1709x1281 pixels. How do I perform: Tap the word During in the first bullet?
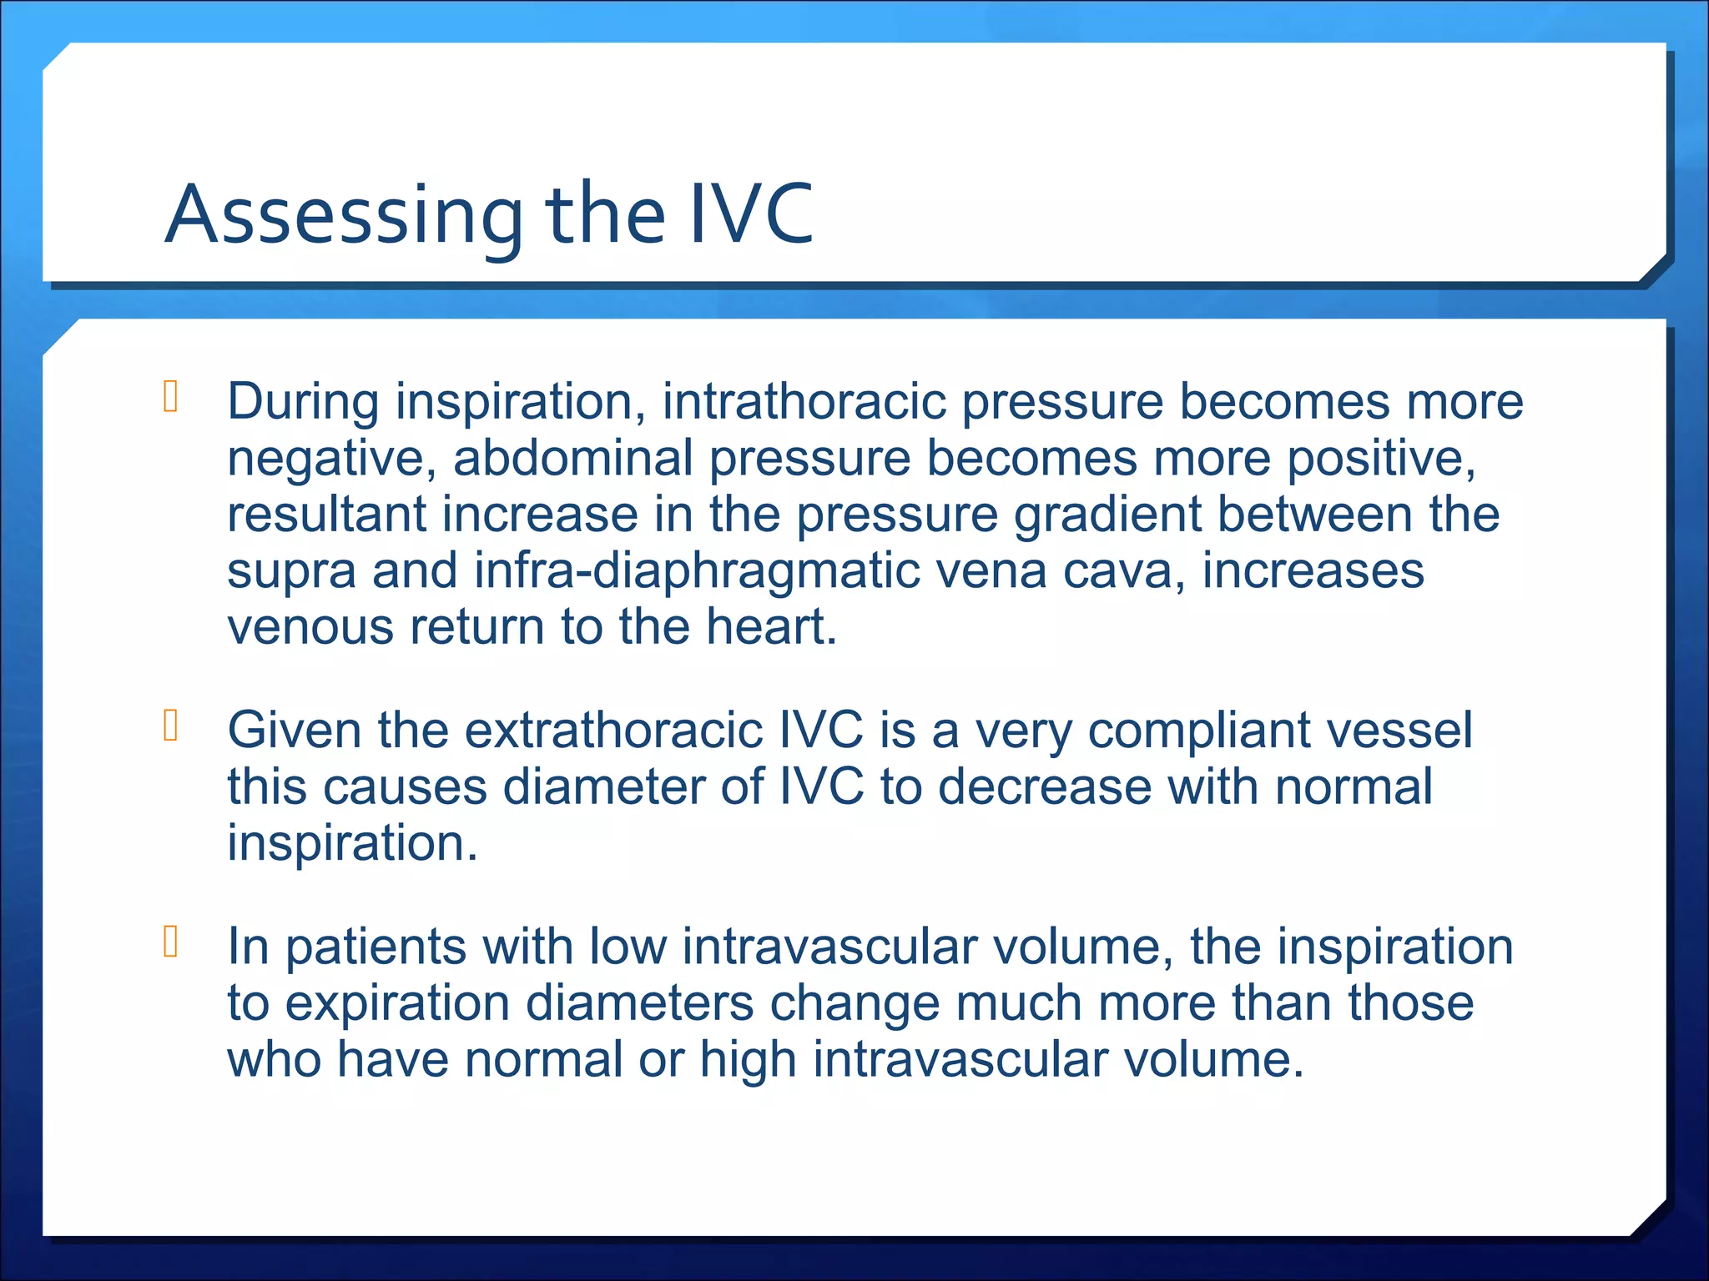[303, 402]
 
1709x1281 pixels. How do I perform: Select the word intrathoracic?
[804, 402]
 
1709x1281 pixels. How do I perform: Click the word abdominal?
[572, 459]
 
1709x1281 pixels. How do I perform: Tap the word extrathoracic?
[613, 731]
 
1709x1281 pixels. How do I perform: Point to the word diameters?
[639, 1003]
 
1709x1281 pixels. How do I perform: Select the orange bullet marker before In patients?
[171, 942]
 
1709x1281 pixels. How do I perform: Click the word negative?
[330, 460]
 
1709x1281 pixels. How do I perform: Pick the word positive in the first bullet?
[1380, 460]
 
